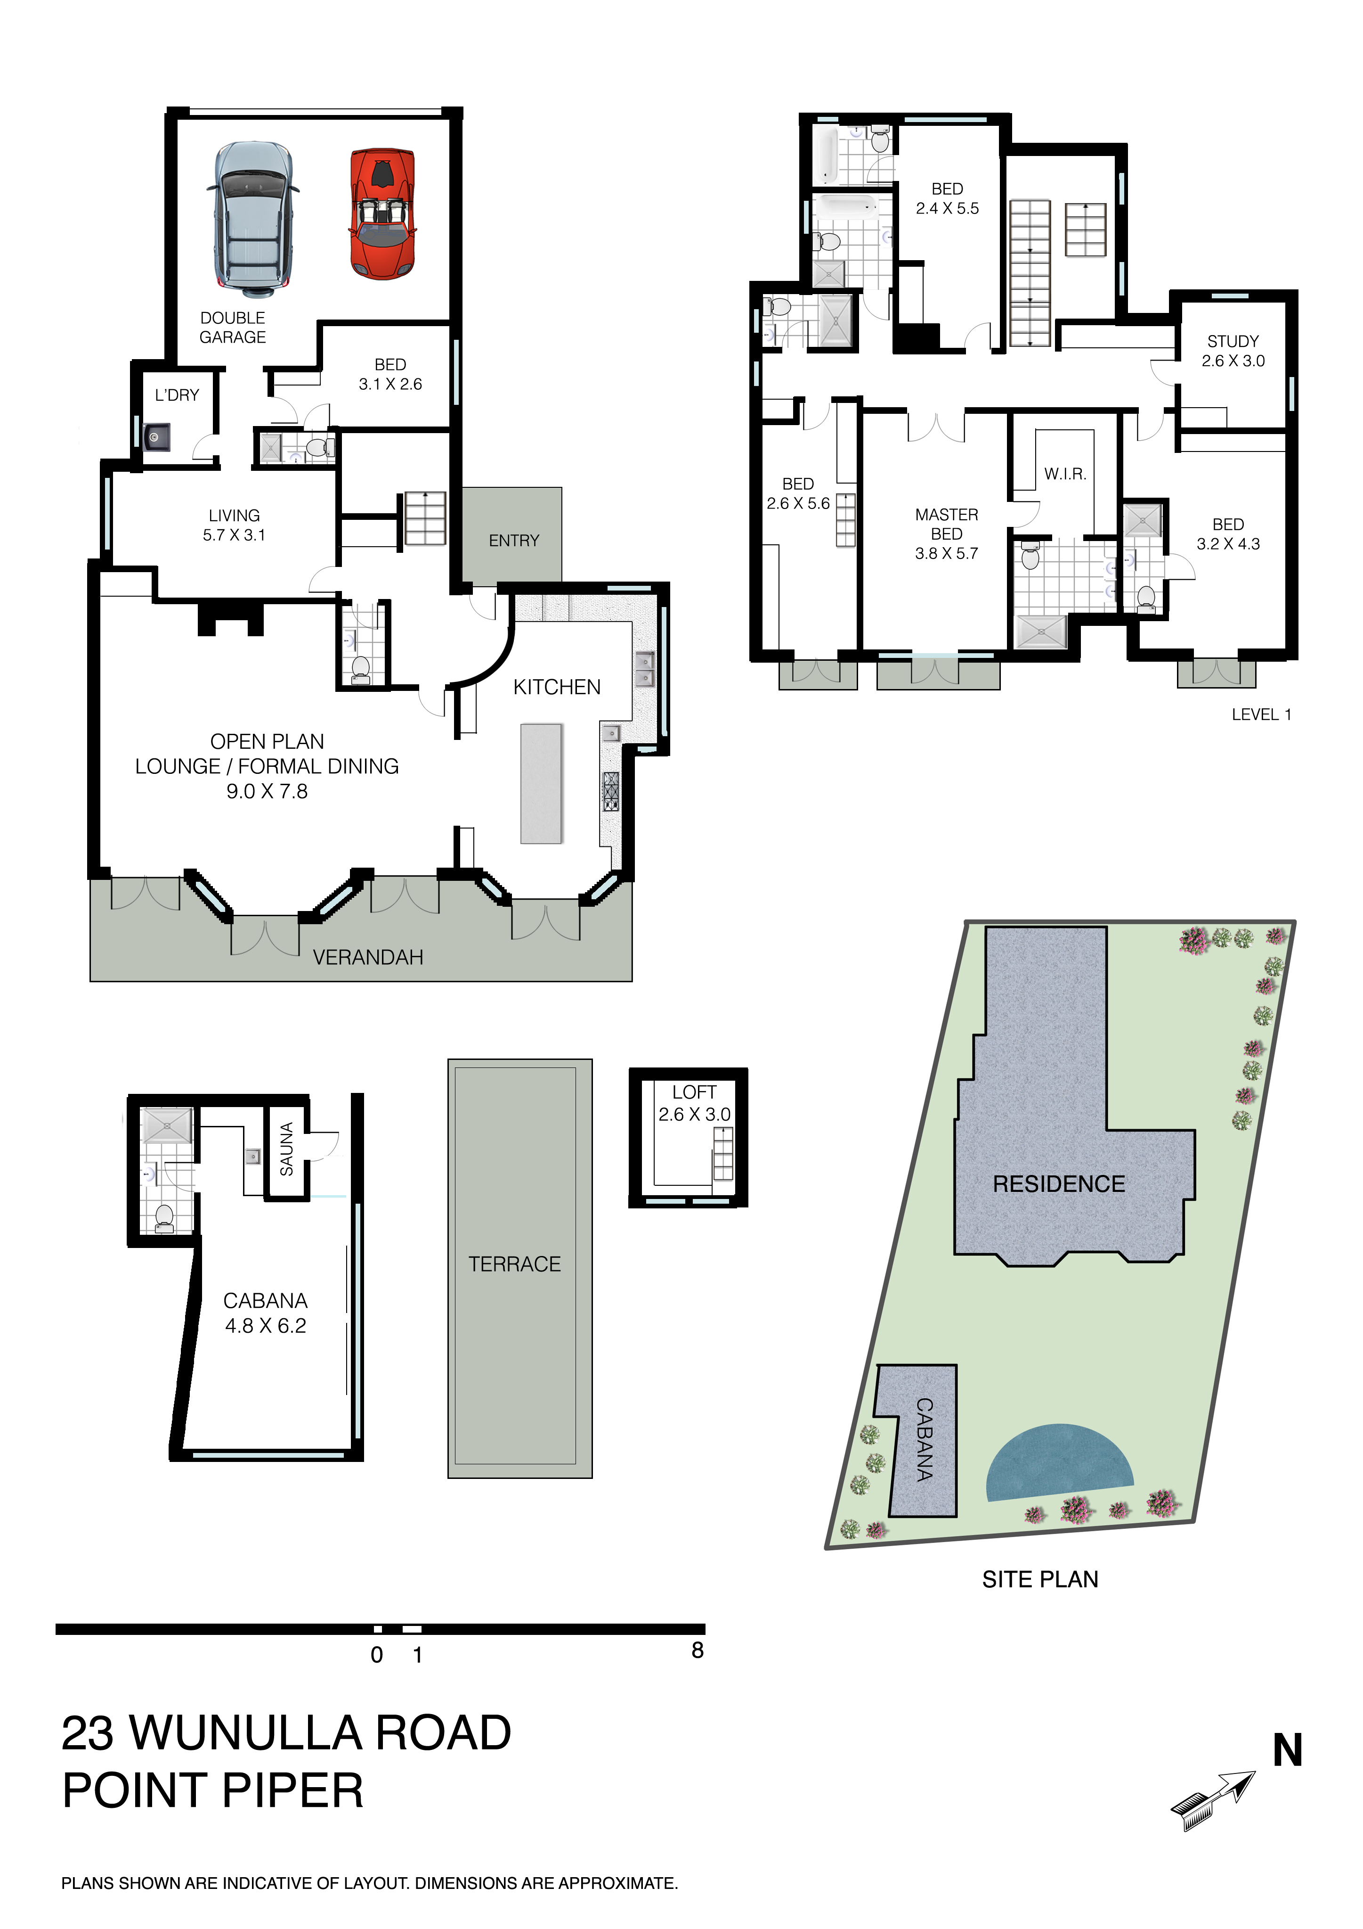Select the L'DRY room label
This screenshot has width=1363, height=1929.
click(177, 395)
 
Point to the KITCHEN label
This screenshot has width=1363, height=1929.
click(557, 687)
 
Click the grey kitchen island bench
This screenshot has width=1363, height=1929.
click(541, 783)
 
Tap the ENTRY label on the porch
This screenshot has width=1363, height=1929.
click(514, 540)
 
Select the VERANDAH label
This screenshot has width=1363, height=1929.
click(368, 957)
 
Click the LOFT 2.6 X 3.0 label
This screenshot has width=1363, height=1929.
click(695, 1103)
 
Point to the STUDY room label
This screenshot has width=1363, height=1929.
click(1233, 341)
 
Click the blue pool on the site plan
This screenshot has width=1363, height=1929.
click(1060, 1463)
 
